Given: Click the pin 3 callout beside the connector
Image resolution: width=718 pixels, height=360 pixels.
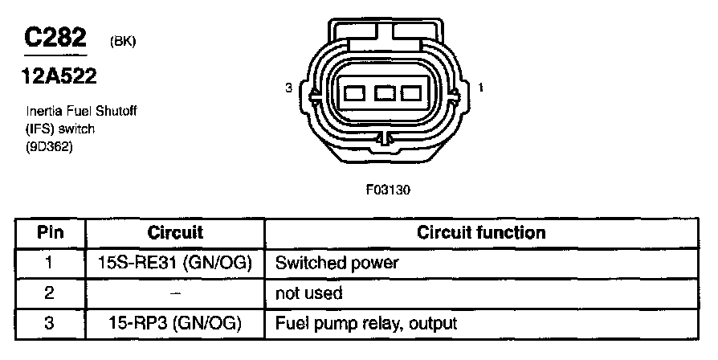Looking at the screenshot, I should click(x=288, y=89).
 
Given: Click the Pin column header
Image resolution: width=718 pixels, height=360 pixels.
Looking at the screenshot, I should click(x=49, y=233).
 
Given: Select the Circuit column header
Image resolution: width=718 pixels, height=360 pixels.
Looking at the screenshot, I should click(x=175, y=233).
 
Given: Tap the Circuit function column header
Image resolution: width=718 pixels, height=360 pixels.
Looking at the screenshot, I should click(x=481, y=233).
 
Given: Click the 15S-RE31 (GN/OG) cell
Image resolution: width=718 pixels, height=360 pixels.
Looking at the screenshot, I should click(x=175, y=263).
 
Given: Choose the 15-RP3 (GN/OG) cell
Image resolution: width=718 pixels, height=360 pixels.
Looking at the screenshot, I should click(x=175, y=324).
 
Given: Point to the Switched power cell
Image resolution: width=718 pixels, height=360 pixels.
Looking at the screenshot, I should click(x=337, y=263).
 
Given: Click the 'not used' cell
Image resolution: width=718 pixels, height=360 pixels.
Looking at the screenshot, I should click(x=308, y=293).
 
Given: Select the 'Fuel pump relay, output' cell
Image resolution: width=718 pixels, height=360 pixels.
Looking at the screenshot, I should click(x=365, y=324).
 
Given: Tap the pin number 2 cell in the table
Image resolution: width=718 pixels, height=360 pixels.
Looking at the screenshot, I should click(x=49, y=293).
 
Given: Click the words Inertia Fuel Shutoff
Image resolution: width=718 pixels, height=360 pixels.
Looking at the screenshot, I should click(x=80, y=112).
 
